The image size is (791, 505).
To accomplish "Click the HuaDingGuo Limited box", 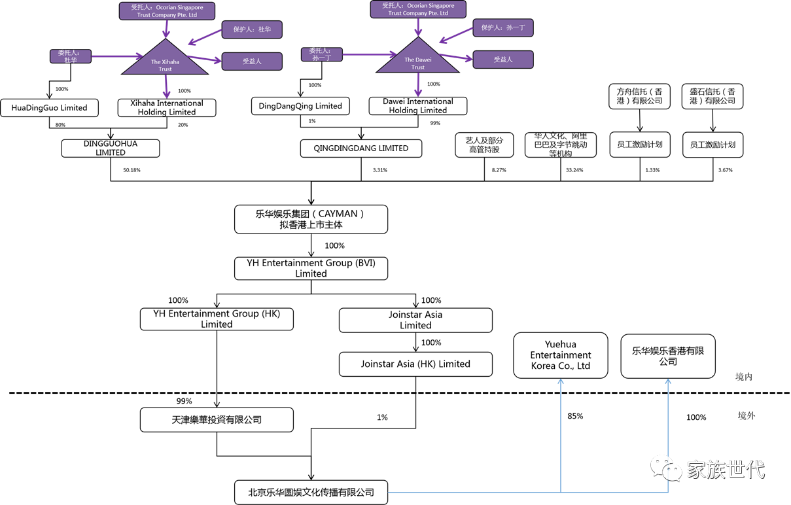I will click(x=49, y=108).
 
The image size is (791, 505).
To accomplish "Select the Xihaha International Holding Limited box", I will click(x=167, y=108).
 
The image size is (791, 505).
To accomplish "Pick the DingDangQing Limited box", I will click(x=300, y=106).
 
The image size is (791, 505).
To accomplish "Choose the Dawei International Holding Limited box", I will click(x=417, y=106).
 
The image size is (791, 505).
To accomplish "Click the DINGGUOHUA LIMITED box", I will click(x=111, y=148).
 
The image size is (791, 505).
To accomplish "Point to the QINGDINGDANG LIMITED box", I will click(x=360, y=148).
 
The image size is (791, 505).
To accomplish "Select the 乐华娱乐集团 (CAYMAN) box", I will click(x=311, y=219).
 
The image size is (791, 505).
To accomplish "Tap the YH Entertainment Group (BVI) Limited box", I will click(x=311, y=268).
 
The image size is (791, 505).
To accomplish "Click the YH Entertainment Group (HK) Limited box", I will click(x=217, y=319).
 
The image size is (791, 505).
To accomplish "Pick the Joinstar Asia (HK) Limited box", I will click(x=415, y=364).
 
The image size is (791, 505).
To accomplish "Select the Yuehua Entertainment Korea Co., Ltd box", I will click(x=561, y=355).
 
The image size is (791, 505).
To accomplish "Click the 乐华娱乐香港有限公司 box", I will click(x=668, y=356).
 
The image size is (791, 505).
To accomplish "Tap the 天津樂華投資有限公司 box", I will click(x=217, y=420).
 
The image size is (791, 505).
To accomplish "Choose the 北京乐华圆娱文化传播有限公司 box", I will click(x=311, y=492).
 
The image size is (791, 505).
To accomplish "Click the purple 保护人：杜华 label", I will click(x=252, y=29).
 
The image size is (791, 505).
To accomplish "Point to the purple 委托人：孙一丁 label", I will click(x=321, y=54).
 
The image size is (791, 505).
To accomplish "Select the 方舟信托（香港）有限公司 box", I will click(x=640, y=96).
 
